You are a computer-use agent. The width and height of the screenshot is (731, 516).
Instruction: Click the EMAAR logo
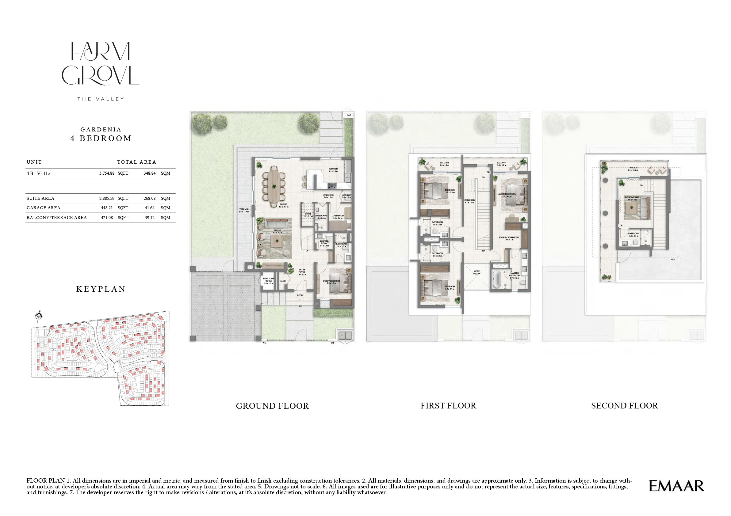(676, 486)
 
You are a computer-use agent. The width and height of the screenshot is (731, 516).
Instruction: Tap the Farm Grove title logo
(100, 64)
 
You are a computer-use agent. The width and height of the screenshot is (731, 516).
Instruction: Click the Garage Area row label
(43, 208)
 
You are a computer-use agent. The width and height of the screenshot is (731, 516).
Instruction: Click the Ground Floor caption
(272, 406)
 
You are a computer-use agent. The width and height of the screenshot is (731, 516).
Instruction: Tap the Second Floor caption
(624, 406)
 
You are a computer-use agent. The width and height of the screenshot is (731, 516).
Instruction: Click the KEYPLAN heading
(101, 289)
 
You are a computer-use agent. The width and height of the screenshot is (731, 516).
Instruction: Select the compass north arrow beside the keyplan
(39, 316)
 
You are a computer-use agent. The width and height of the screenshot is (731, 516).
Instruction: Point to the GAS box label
(349, 115)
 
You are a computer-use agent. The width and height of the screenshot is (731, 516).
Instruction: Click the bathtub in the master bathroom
(497, 279)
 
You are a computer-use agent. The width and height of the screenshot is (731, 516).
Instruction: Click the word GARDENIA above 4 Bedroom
(101, 130)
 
